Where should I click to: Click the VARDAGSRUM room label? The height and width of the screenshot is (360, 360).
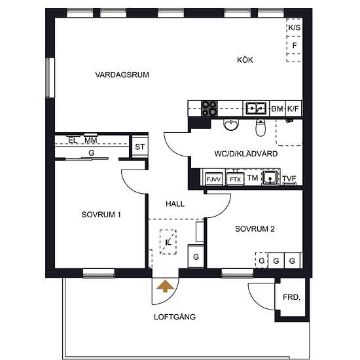(122, 75)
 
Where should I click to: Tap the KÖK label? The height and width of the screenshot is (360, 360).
(245, 60)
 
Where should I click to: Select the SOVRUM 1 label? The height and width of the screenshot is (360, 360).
(101, 215)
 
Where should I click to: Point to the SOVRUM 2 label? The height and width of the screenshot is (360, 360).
(255, 229)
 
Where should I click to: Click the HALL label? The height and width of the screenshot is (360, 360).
(175, 204)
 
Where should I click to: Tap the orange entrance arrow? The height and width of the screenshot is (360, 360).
(165, 286)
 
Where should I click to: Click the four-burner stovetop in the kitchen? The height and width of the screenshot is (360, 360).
(209, 109)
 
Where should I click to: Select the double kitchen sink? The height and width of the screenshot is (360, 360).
(256, 108)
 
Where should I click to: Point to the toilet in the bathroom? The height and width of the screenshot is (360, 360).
(261, 128)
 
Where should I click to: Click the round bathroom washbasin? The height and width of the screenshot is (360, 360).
(231, 124)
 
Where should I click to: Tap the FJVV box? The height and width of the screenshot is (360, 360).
(214, 179)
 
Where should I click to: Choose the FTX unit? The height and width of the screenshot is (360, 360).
(236, 179)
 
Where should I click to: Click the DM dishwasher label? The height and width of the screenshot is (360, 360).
(277, 109)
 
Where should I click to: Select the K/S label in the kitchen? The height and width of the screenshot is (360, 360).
(295, 27)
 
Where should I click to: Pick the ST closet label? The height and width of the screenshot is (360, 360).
(140, 147)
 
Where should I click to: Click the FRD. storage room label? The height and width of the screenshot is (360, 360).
(291, 298)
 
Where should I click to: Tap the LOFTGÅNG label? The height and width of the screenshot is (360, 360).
(175, 317)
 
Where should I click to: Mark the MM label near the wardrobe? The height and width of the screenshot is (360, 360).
(91, 140)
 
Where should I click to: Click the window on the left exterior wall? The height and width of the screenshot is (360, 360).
(48, 78)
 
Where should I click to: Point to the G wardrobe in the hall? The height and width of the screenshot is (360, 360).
(196, 257)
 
